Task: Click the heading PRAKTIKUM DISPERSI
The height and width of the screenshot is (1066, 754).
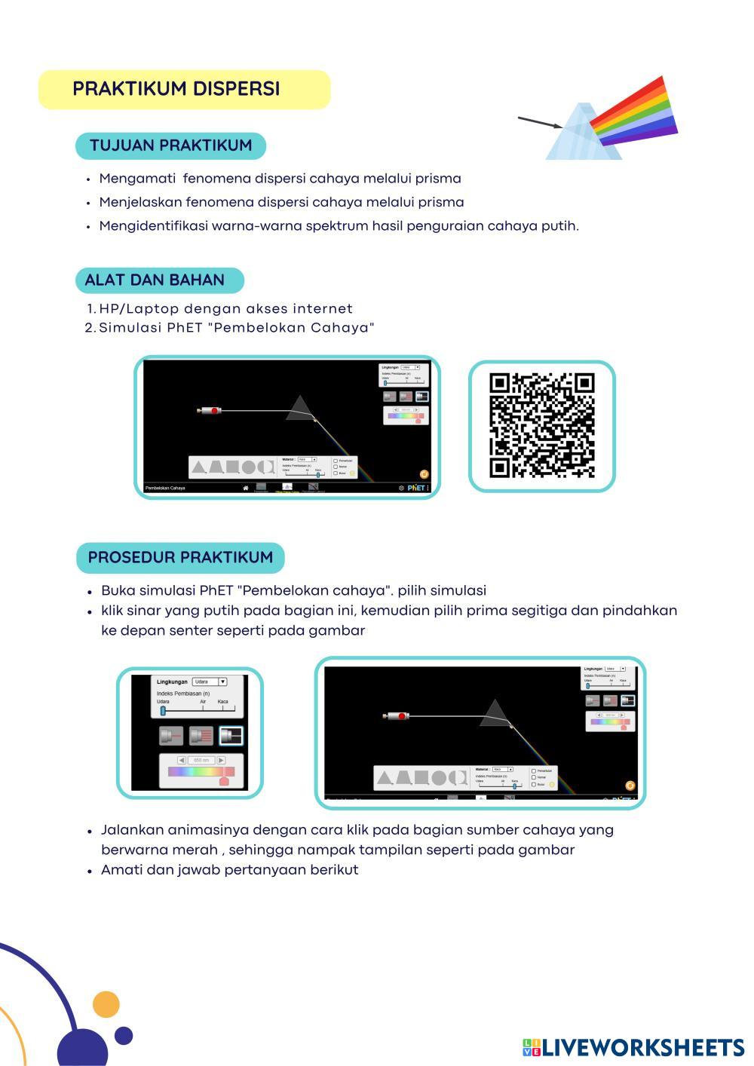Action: pos(176,89)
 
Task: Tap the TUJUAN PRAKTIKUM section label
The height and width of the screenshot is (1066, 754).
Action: pos(170,146)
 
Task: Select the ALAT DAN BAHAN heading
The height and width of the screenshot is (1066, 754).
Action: pos(155,280)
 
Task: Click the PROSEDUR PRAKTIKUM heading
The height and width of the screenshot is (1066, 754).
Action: pos(180,558)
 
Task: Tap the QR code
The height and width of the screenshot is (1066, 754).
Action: pos(541,426)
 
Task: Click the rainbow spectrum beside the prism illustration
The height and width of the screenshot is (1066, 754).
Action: pos(635,113)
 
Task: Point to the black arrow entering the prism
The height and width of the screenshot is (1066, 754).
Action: pos(539,122)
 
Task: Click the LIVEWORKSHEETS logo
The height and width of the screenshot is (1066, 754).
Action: pos(633,1047)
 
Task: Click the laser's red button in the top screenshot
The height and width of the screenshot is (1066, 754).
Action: pos(215,411)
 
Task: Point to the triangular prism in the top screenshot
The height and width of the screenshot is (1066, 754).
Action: pos(299,409)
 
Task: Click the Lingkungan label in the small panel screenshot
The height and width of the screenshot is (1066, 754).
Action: pos(172,682)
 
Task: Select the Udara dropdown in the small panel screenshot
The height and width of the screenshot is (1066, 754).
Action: pos(210,682)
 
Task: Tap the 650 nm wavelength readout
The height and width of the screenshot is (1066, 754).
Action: pos(201,760)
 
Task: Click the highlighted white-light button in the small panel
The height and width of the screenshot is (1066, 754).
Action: pos(231,736)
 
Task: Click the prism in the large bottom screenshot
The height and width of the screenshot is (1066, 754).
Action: pos(494,714)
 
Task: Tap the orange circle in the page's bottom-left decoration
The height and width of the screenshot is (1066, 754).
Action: pos(106,1004)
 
